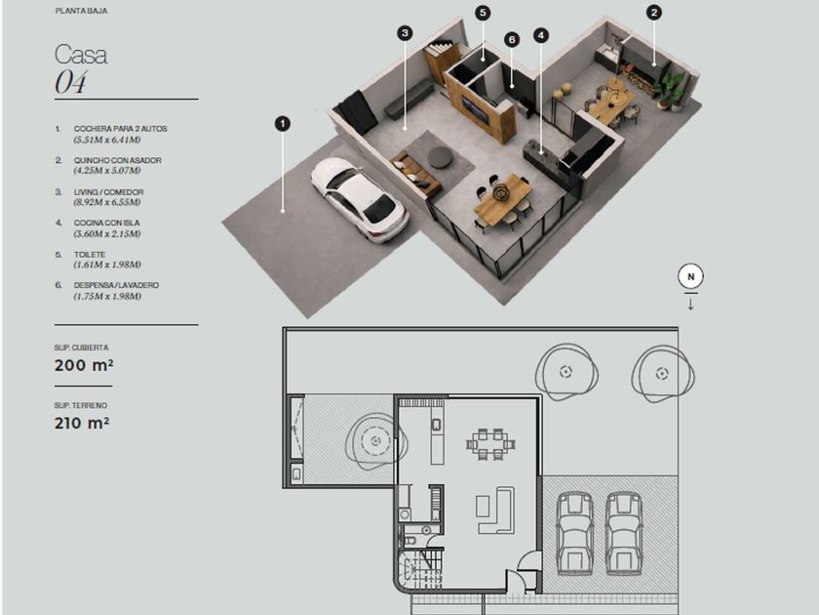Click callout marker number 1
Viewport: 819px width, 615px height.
pos(283,124)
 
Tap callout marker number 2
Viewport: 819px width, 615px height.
pos(654,13)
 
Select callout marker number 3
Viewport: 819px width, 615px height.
pos(405,33)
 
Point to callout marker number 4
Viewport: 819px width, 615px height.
pos(541,35)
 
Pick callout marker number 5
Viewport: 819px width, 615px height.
pos(483,13)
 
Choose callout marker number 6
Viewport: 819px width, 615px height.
pos(512,39)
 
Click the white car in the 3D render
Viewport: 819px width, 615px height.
pos(360,199)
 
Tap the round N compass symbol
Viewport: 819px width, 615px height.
pos(690,276)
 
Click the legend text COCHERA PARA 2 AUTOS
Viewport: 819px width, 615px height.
pos(120,129)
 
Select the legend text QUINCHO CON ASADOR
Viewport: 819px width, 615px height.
pos(118,160)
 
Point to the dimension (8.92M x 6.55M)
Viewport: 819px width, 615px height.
pos(107,202)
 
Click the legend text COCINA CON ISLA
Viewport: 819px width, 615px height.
pos(106,223)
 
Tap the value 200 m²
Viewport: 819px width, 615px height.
pos(84,365)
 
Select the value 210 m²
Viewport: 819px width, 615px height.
pos(82,423)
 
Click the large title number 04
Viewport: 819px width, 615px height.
pos(70,83)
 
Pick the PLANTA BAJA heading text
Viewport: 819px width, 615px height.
pos(82,11)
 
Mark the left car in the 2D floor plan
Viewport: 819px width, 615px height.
pos(574,533)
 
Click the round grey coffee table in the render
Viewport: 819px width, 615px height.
pos(440,157)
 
